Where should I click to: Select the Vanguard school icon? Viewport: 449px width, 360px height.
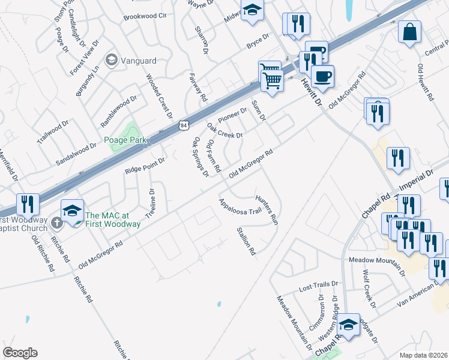[x=110, y=60]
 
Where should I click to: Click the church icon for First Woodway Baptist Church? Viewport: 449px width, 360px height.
[x=56, y=224]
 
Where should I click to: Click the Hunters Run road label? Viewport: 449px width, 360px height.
[x=268, y=209]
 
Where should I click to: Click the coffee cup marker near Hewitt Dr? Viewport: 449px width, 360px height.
[x=322, y=76]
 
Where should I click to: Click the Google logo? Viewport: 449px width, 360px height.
[x=20, y=353]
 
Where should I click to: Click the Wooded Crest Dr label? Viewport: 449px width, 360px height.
[x=160, y=95]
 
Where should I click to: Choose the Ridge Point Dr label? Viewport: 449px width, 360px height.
[x=145, y=166]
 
